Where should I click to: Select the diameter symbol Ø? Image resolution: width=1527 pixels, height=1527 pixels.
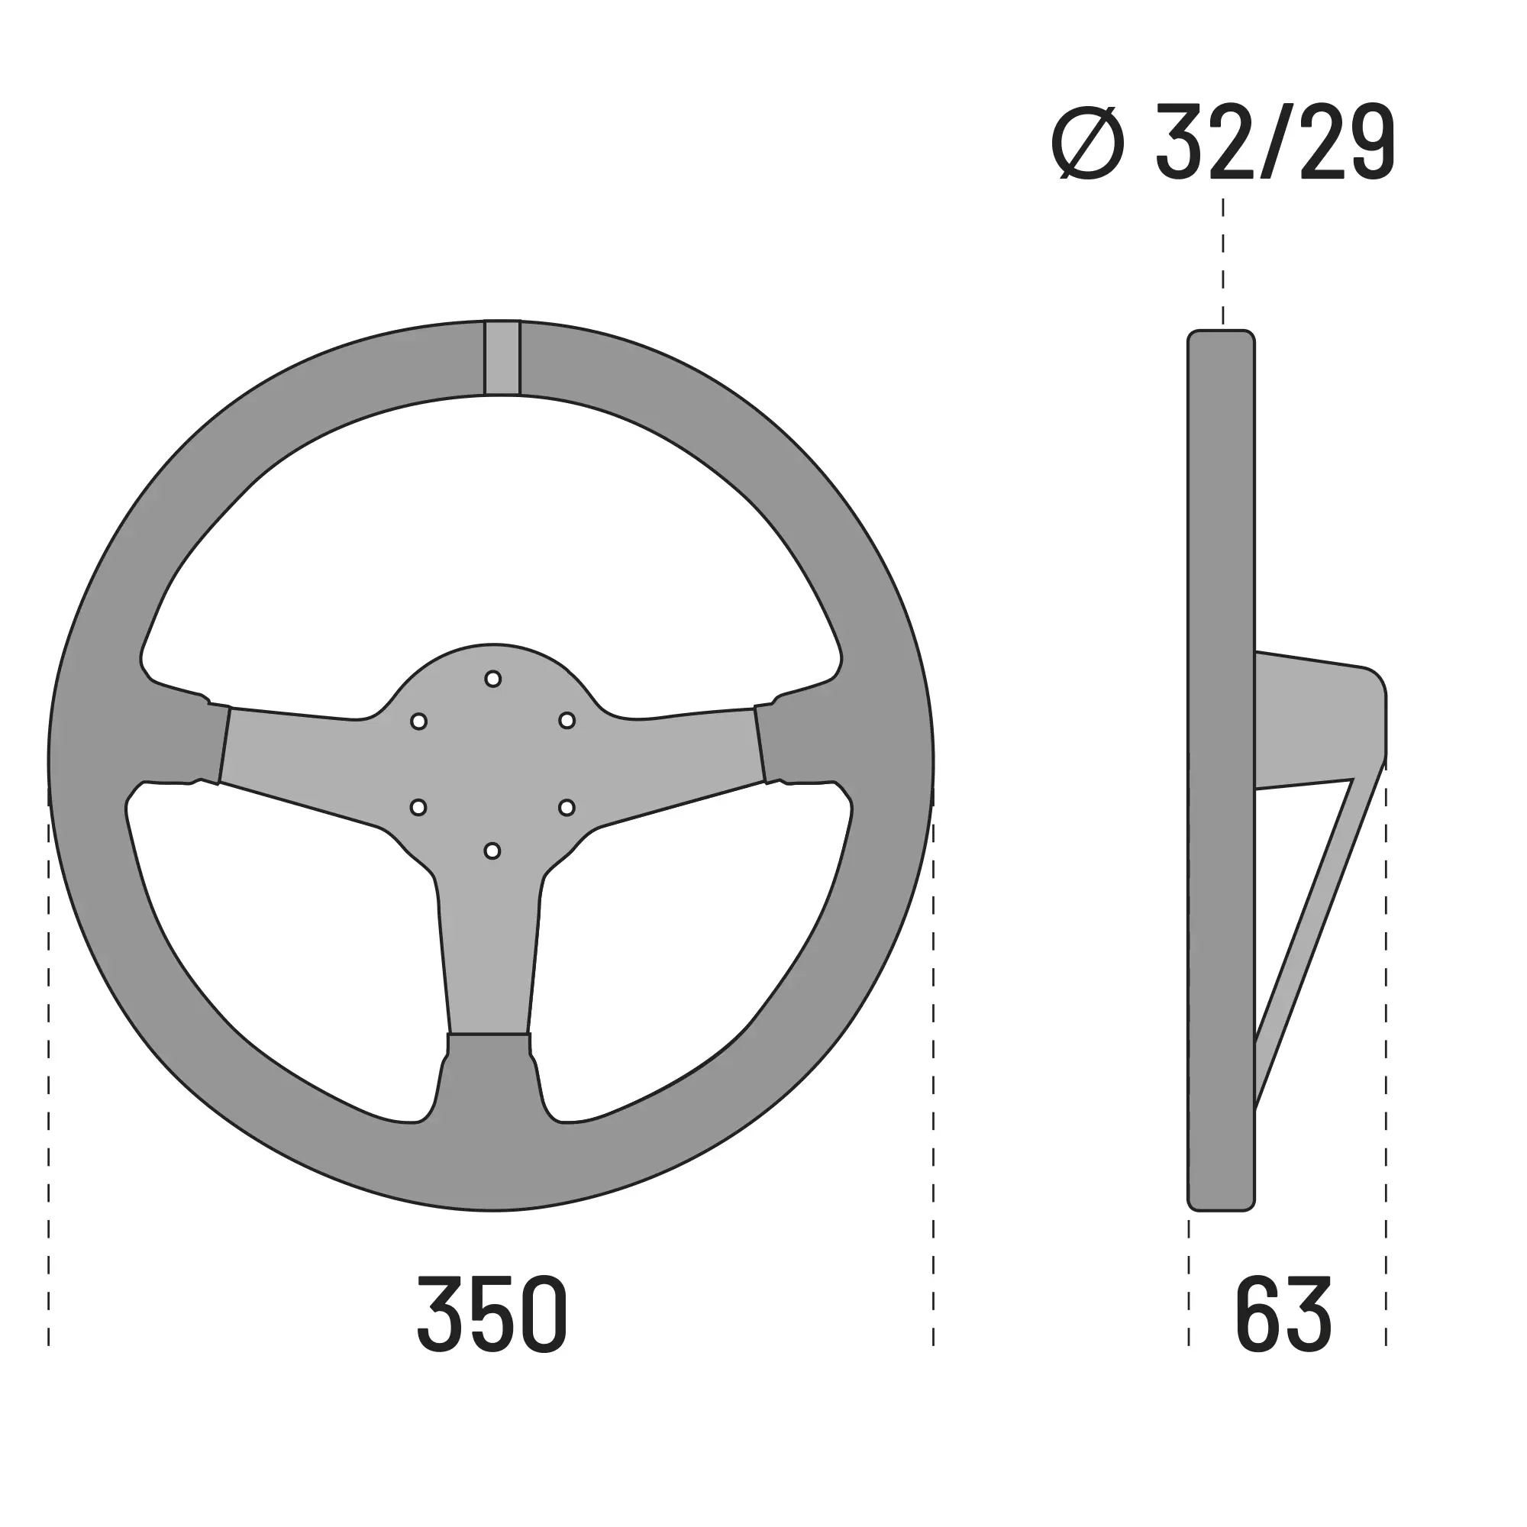pyautogui.click(x=1087, y=142)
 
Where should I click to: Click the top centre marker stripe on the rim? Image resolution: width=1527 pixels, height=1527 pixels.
pyautogui.click(x=502, y=357)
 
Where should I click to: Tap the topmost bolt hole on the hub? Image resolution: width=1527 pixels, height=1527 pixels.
pyautogui.click(x=492, y=679)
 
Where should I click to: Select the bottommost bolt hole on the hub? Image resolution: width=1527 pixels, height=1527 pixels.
pyautogui.click(x=492, y=851)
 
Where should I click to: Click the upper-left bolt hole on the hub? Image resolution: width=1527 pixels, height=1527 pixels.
pyautogui.click(x=419, y=722)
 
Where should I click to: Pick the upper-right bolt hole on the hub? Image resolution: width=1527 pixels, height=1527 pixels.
pyautogui.click(x=567, y=720)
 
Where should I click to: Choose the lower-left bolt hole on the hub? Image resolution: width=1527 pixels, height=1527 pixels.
pyautogui.click(x=418, y=807)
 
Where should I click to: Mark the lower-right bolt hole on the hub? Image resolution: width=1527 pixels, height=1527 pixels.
pyautogui.click(x=567, y=807)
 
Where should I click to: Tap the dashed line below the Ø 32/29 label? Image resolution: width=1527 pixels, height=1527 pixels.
pyautogui.click(x=1222, y=261)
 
